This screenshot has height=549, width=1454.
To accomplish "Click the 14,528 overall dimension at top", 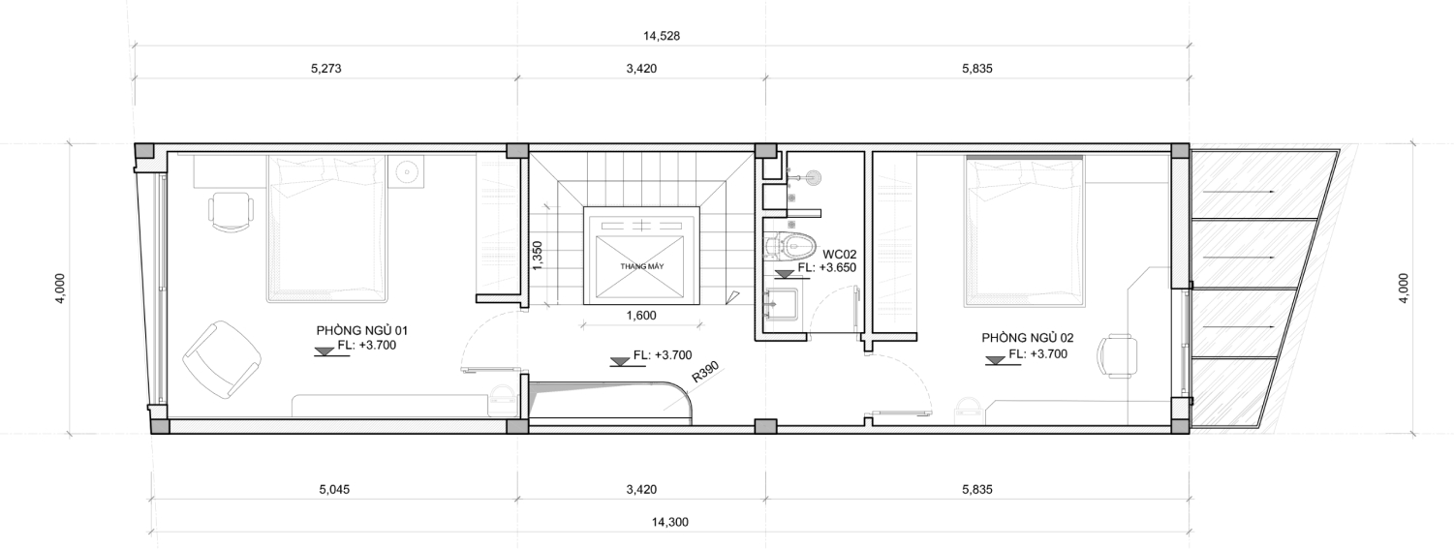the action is pos(662,37).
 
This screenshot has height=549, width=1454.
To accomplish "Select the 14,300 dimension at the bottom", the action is pos(670,522).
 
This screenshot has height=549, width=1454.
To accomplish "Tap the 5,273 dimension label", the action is pos(325,69).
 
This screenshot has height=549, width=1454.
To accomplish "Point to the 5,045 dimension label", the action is pos(334,490).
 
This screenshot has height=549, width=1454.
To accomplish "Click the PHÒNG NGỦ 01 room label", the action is pos(361,330).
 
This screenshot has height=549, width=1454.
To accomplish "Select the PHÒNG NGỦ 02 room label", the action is pos(1027,338).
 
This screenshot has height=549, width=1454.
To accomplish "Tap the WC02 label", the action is pos(839,254).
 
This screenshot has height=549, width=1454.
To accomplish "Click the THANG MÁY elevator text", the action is pos(641,266).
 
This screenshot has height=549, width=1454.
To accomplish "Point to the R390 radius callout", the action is pos(705,372).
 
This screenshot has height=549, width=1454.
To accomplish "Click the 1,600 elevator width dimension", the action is pos(640,316).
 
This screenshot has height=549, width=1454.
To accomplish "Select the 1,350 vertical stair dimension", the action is pos(537,256).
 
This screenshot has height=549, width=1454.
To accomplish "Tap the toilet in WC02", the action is pos(789,246).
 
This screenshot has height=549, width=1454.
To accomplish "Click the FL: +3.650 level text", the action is pos(827,267).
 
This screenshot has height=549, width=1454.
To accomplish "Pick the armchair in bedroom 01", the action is pos(222,360).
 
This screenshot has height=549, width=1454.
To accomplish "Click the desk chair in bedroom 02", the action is pos(1118,356).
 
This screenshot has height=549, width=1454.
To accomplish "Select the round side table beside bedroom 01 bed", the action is pos(406,172).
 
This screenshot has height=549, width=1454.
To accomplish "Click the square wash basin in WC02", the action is pos(782,305).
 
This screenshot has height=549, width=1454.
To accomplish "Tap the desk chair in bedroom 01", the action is pos(231,211).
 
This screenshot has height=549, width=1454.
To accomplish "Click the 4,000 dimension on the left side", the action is pos(60,289).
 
